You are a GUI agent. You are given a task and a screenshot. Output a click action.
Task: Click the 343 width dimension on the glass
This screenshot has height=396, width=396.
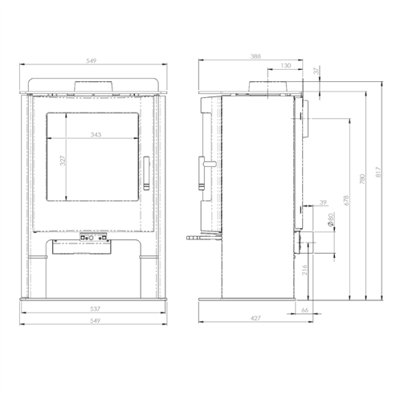click(96, 134)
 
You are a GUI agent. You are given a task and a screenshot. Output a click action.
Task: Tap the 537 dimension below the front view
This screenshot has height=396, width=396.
click(96, 308)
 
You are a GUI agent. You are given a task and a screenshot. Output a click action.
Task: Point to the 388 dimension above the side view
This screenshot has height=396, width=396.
click(255, 56)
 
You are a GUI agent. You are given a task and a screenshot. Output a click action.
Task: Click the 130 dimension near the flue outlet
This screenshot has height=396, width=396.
click(284, 66)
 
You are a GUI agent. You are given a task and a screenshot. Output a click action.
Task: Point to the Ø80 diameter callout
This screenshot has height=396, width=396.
click(331, 219)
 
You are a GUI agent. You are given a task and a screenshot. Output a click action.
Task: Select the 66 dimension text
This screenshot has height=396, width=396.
click(305, 308)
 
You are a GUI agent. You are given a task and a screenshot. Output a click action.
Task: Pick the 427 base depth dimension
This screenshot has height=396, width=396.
click(255, 319)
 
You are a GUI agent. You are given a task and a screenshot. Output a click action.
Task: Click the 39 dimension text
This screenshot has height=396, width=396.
click(323, 203)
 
